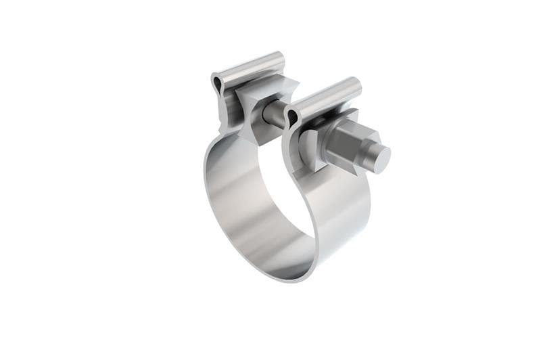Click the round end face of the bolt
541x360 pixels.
pos(380,158)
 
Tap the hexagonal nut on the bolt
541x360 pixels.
pos(344,144)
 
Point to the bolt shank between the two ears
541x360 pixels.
pos(275,115)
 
